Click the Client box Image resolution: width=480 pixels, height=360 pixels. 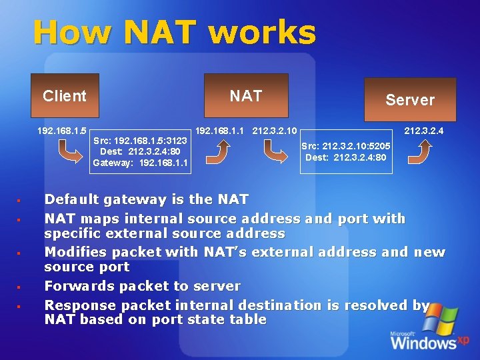(x=65, y=96)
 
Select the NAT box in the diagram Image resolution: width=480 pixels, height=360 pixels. (x=246, y=96)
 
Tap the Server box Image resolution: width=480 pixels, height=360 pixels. (x=409, y=99)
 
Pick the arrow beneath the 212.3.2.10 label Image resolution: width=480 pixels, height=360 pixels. (x=275, y=152)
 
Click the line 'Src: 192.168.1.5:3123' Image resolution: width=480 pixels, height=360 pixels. (x=141, y=141)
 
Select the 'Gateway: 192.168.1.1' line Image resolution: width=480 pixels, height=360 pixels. (x=141, y=163)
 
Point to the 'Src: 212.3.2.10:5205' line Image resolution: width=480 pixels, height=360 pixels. (x=345, y=146)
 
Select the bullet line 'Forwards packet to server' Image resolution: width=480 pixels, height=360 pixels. (x=142, y=286)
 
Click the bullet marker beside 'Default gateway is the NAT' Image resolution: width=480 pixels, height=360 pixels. (x=19, y=200)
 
